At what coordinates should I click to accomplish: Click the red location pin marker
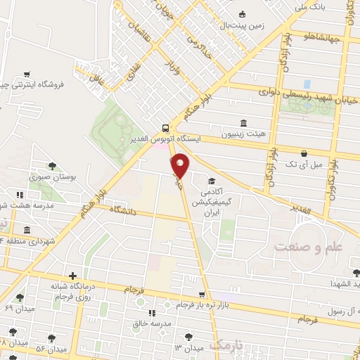tap(181, 165)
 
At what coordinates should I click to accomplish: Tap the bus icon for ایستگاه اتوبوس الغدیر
tap(165, 128)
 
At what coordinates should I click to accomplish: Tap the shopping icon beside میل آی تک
tap(304, 153)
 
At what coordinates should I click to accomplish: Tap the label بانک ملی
tap(310, 6)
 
